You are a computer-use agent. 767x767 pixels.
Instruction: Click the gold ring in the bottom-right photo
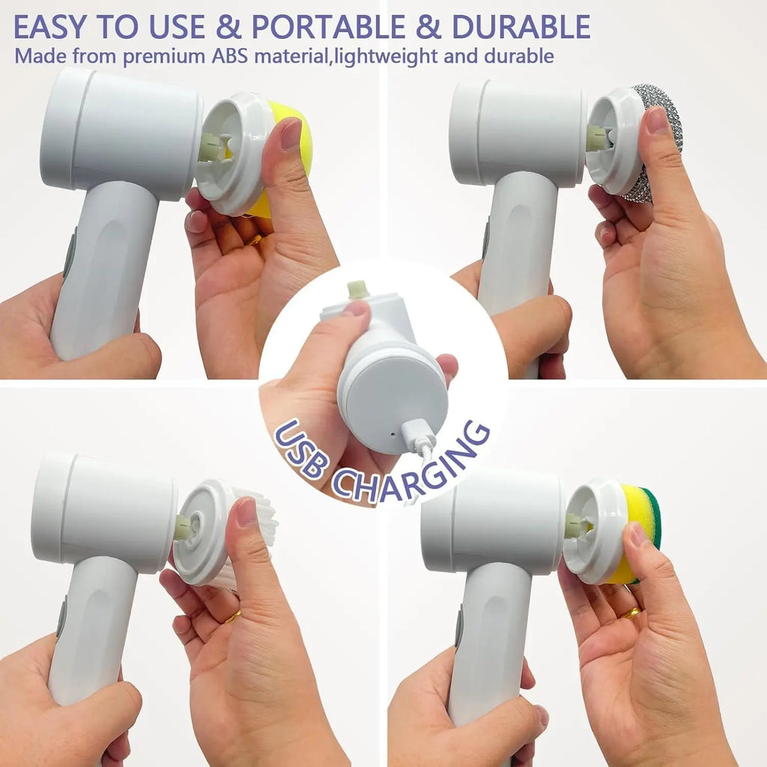pos(631,613)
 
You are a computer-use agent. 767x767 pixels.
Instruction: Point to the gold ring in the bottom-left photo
pos(234,616)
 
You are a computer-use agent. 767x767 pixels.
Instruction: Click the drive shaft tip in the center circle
pos(358,289)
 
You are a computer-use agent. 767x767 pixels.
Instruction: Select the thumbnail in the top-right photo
pos(656,120)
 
